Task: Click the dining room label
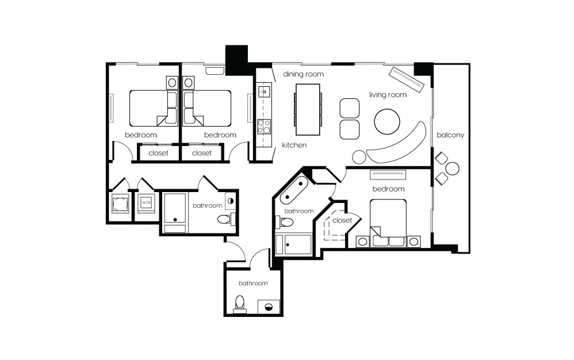(304, 74)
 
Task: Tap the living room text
(388, 95)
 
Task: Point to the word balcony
(450, 135)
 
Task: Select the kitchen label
(294, 145)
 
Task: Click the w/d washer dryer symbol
(146, 202)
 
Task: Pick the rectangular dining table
(308, 109)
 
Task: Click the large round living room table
(387, 121)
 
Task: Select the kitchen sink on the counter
(264, 90)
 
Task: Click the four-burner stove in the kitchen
(264, 127)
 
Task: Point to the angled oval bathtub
(293, 190)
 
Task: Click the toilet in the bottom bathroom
(240, 304)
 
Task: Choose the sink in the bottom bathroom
(269, 307)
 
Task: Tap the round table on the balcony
(453, 168)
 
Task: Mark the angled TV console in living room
(406, 79)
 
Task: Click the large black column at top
(236, 60)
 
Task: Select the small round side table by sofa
(359, 157)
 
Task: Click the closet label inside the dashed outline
(342, 220)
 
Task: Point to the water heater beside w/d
(120, 204)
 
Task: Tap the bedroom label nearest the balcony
(388, 189)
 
